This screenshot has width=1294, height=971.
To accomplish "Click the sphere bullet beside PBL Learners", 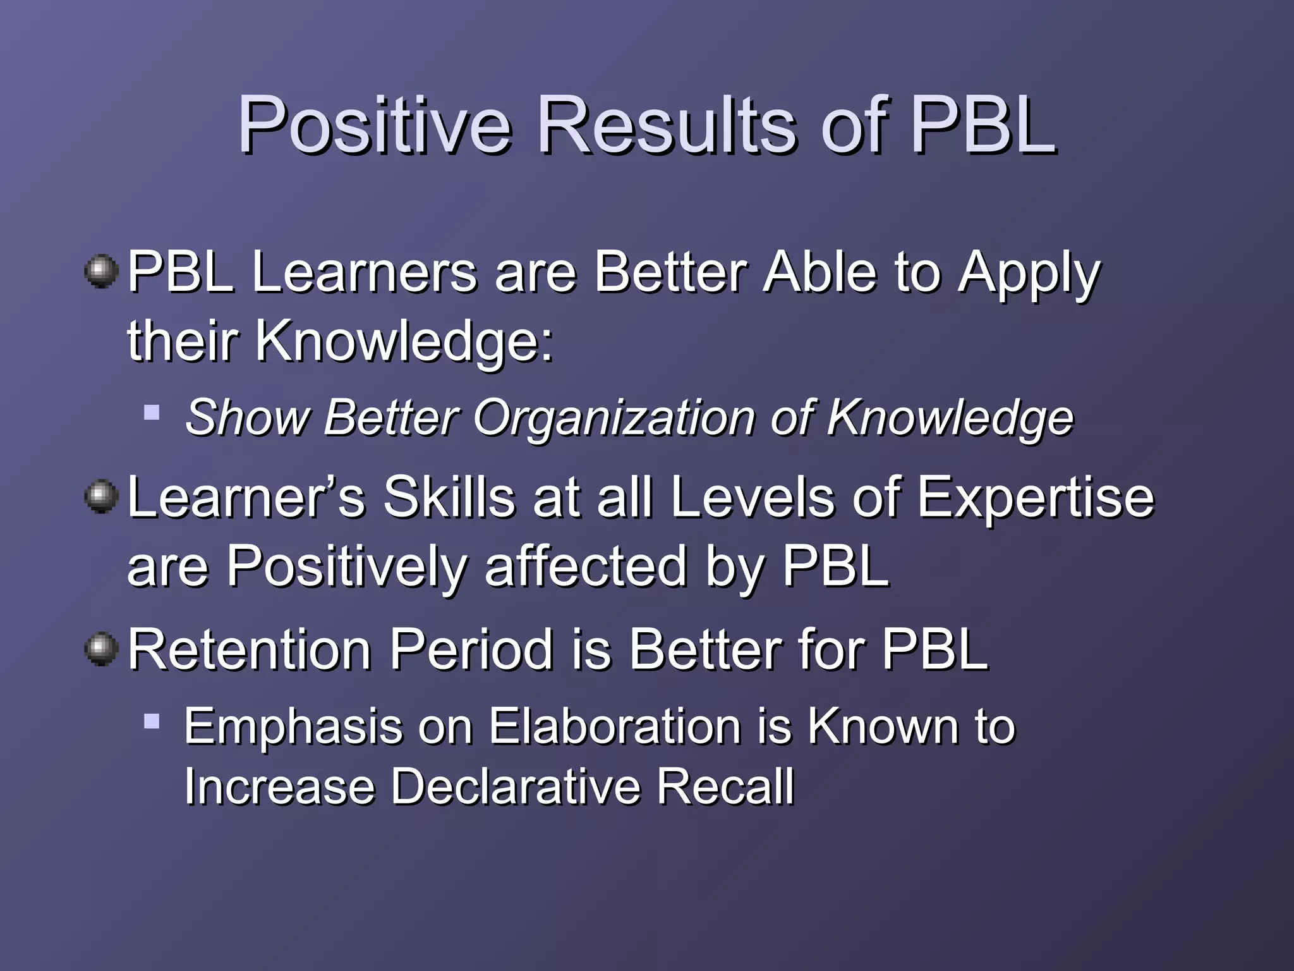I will (101, 272).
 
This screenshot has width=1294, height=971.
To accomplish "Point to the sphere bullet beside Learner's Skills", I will (101, 497).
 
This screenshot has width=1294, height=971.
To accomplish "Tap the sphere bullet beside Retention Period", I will (101, 649).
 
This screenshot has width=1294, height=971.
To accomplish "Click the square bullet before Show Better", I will (152, 413).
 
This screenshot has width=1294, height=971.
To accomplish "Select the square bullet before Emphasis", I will (152, 721).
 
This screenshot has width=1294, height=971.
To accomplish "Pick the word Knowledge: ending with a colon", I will (404, 342).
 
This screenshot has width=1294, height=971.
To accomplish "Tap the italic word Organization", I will (614, 418).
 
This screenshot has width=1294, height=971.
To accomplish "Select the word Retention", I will (250, 649).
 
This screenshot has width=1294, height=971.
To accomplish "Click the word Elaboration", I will (615, 727).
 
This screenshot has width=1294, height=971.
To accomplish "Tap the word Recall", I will (725, 787).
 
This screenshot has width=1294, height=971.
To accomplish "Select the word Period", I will (471, 649).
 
